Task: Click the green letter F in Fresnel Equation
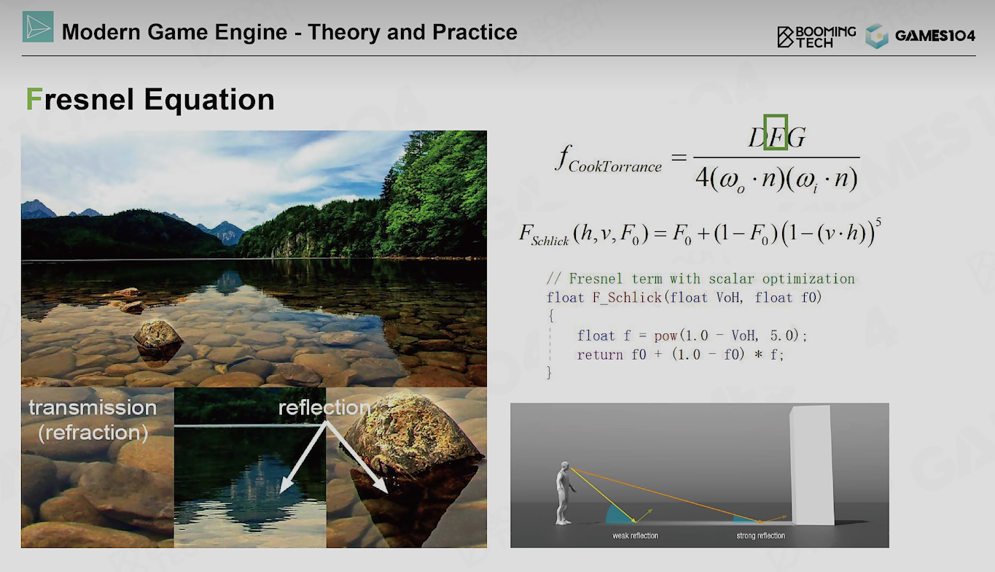34,98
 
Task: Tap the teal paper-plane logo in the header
38,27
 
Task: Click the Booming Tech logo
816,36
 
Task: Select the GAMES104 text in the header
935,36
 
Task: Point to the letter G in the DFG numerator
797,137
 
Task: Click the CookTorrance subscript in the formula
614,166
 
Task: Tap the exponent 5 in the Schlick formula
878,223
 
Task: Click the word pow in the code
665,336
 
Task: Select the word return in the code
600,355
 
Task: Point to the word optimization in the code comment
808,279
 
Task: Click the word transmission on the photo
93,408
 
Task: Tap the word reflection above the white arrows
324,407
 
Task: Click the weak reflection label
635,536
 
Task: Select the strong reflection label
760,536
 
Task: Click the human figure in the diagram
564,493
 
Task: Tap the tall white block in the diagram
811,465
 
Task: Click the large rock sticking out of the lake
157,333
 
